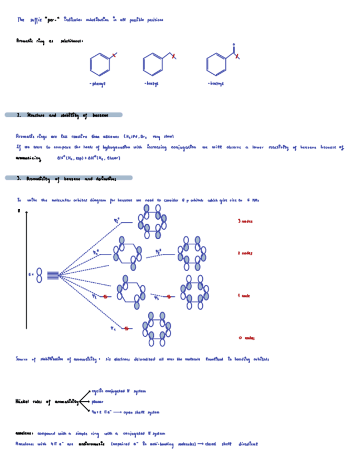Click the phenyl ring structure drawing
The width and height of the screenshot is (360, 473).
(100, 64)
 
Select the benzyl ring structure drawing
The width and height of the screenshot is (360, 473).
(152, 64)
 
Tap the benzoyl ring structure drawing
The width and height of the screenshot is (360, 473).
(216, 64)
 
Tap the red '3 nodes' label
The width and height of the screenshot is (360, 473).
(245, 221)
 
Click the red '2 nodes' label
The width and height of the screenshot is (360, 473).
(245, 253)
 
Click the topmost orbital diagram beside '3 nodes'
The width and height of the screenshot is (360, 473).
(152, 221)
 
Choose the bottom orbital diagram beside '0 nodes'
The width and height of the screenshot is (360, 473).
(156, 329)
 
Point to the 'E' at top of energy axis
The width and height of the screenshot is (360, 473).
(19, 211)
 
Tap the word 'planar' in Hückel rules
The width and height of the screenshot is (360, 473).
(98, 401)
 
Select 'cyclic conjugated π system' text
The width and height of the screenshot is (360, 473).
(118, 392)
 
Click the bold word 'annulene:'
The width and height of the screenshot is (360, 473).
(25, 433)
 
